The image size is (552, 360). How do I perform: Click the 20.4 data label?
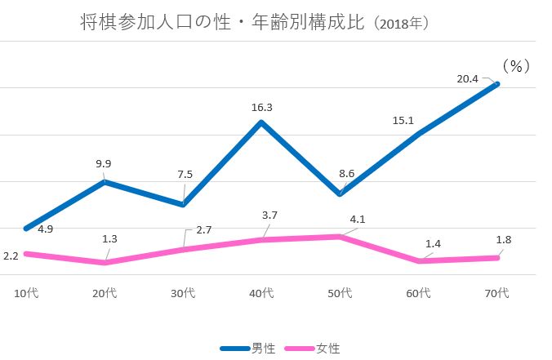click(x=468, y=79)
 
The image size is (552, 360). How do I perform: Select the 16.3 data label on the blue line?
click(x=262, y=106)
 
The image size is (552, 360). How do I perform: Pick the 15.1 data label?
click(x=404, y=120)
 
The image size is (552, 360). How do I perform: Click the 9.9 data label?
click(x=103, y=163)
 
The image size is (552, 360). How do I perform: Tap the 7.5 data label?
click(x=185, y=174)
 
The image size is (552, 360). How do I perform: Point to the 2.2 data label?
click(x=11, y=256)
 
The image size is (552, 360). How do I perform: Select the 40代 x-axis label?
click(x=261, y=293)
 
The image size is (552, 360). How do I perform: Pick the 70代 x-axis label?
click(x=496, y=293)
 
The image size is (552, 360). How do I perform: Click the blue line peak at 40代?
click(x=261, y=122)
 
